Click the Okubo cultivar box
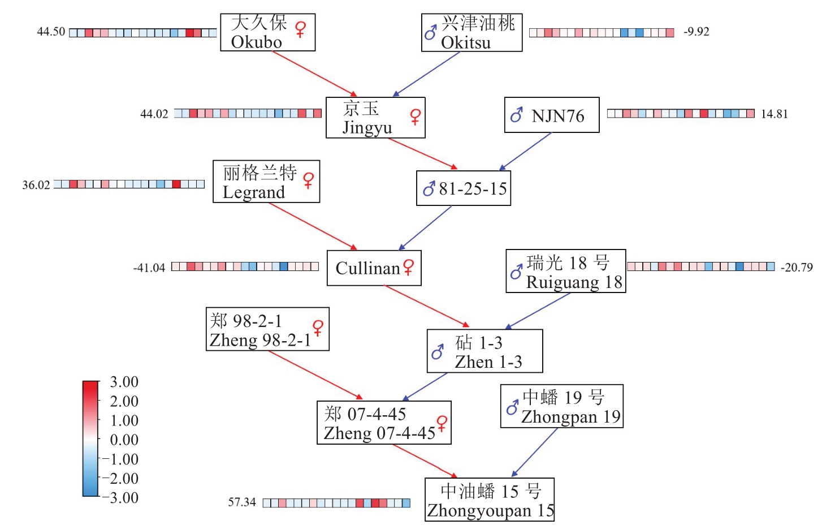[267, 32]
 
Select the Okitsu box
[471, 33]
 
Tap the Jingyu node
[375, 118]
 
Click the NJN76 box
[552, 115]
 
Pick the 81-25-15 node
[464, 188]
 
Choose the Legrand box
[266, 182]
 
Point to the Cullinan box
[374, 268]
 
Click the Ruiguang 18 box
[565, 272]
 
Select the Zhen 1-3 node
[484, 351]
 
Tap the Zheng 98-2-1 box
[267, 329]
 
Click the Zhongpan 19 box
[562, 406]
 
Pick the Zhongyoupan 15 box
[490, 500]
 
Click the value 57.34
[242, 502]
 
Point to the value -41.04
[149, 268]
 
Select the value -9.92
[696, 32]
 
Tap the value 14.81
[774, 114]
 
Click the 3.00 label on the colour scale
[124, 382]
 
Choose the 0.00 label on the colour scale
[124, 440]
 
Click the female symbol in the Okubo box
[300, 29]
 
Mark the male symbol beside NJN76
[516, 115]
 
